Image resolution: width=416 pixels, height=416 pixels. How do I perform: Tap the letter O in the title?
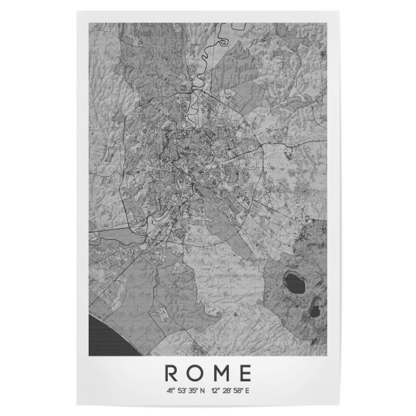(x=196, y=373)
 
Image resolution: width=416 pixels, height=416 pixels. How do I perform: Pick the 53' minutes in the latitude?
(x=182, y=390)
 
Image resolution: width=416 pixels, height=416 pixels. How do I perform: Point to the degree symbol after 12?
(x=219, y=389)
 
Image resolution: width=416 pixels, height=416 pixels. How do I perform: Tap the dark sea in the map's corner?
(x=101, y=333)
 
